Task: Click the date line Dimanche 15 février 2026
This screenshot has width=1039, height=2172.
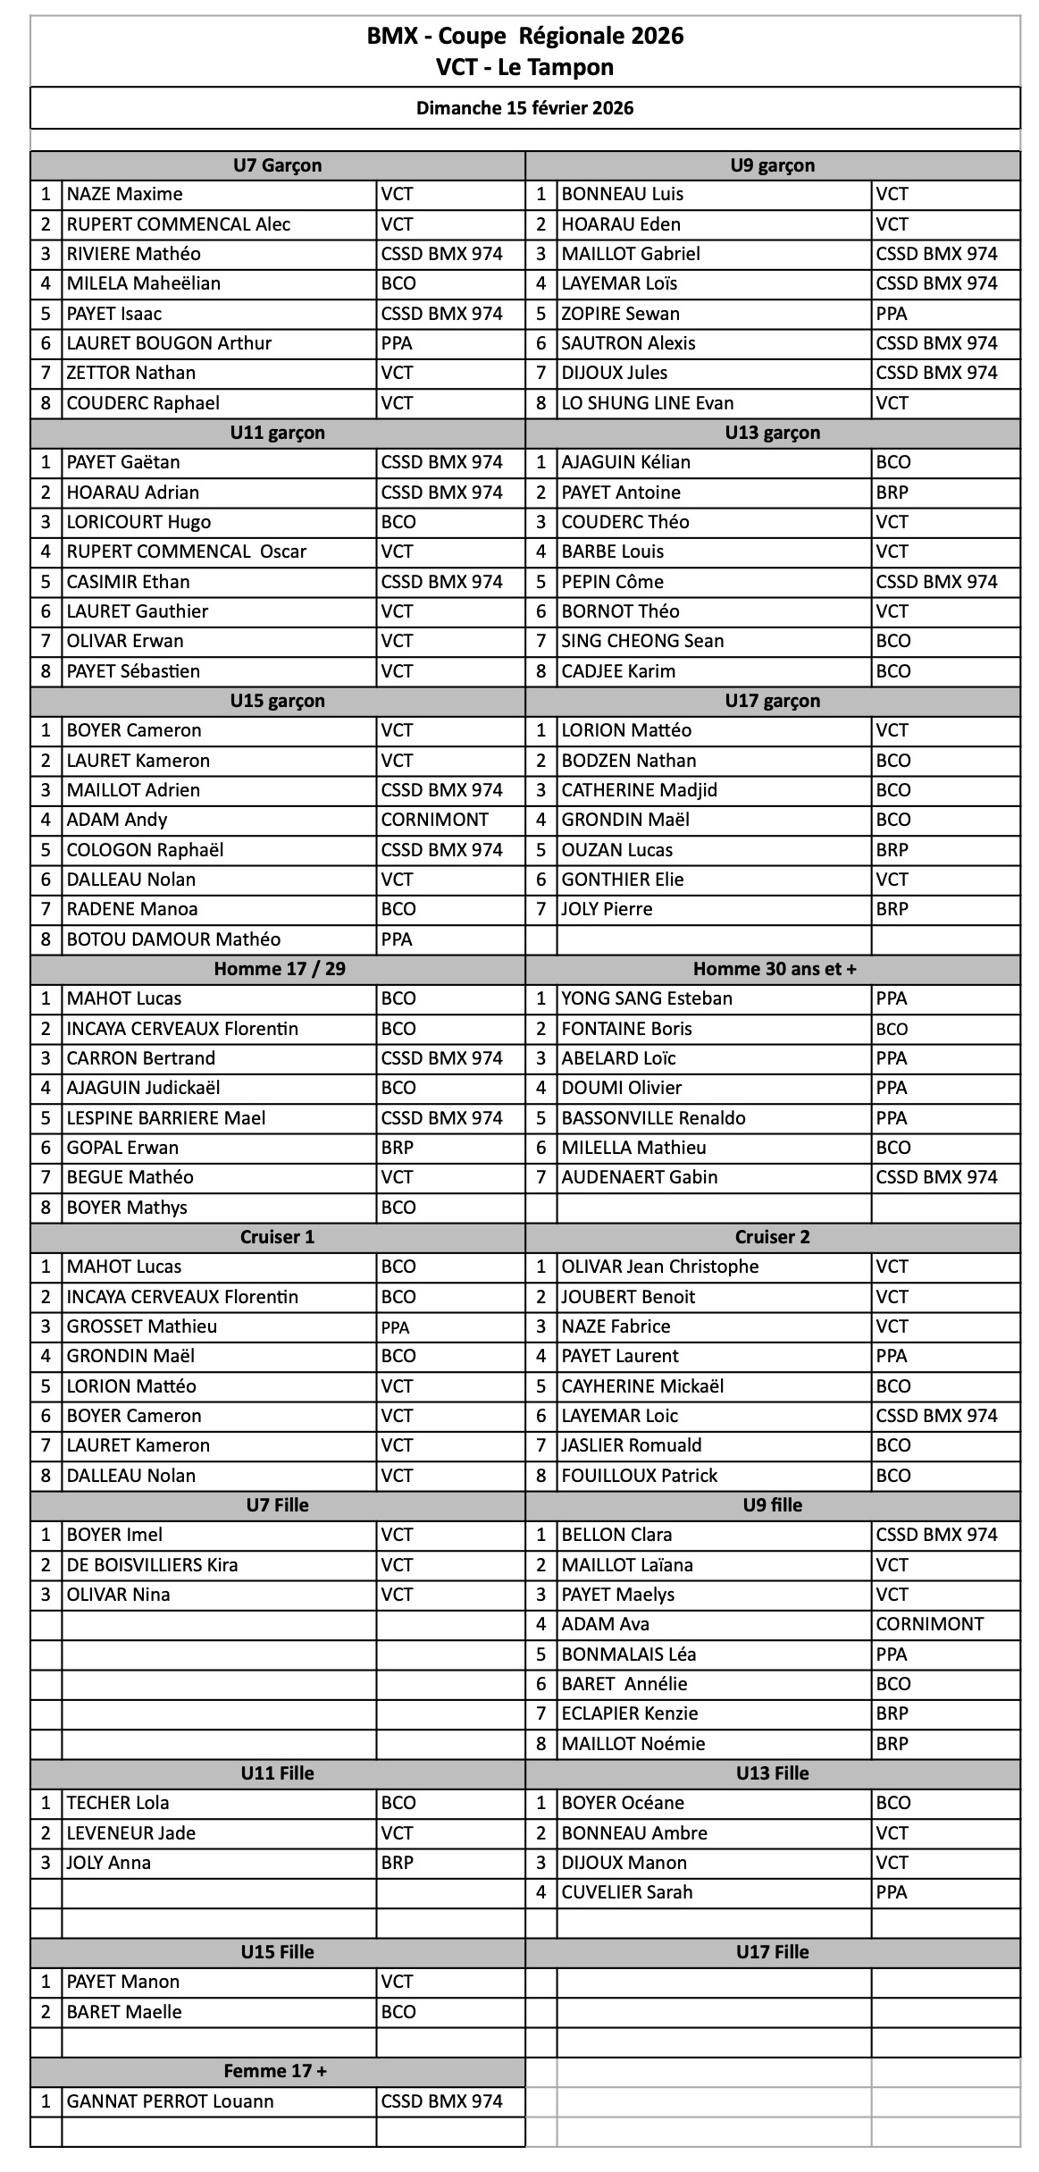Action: (524, 108)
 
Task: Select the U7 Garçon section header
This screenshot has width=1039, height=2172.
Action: (277, 165)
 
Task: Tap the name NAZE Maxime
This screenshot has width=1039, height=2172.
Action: (125, 194)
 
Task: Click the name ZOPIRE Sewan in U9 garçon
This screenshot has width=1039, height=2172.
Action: (620, 314)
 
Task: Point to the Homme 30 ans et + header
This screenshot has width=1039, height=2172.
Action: (774, 969)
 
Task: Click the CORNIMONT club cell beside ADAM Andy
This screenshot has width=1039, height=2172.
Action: (435, 820)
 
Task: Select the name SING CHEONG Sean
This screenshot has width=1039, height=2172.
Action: (642, 641)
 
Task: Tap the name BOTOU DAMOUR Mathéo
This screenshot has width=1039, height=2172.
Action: (173, 939)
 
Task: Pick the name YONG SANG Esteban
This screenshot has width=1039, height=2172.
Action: (647, 998)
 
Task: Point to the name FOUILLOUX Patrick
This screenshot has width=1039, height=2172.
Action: (640, 1476)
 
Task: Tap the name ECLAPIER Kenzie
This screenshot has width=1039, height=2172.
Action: (630, 1713)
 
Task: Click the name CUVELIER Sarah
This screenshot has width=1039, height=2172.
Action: (627, 1892)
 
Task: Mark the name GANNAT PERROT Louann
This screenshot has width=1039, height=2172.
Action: (170, 2101)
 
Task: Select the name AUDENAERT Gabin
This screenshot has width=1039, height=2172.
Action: (640, 1177)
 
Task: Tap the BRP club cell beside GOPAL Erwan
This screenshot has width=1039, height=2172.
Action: (398, 1148)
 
